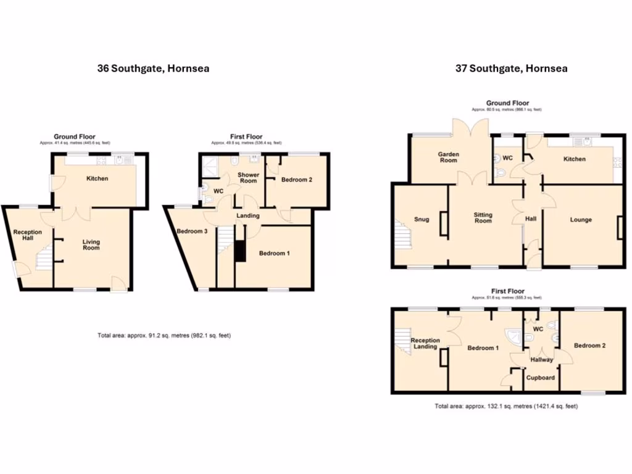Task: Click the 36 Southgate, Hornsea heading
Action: click(153, 69)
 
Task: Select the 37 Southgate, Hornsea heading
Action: click(512, 69)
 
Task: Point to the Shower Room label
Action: click(248, 178)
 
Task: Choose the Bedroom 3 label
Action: click(191, 231)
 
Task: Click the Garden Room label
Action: click(448, 157)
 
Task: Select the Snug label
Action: click(422, 219)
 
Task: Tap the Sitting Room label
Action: click(483, 217)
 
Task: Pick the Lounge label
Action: click(581, 220)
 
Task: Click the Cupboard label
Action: click(541, 378)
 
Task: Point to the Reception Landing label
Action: click(425, 343)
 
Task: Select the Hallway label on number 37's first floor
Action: click(541, 360)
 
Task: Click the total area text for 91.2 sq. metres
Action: click(164, 335)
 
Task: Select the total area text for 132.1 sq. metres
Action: click(505, 406)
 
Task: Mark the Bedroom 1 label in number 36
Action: click(274, 253)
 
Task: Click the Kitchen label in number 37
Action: click(574, 159)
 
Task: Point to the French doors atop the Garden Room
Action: click(470, 128)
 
